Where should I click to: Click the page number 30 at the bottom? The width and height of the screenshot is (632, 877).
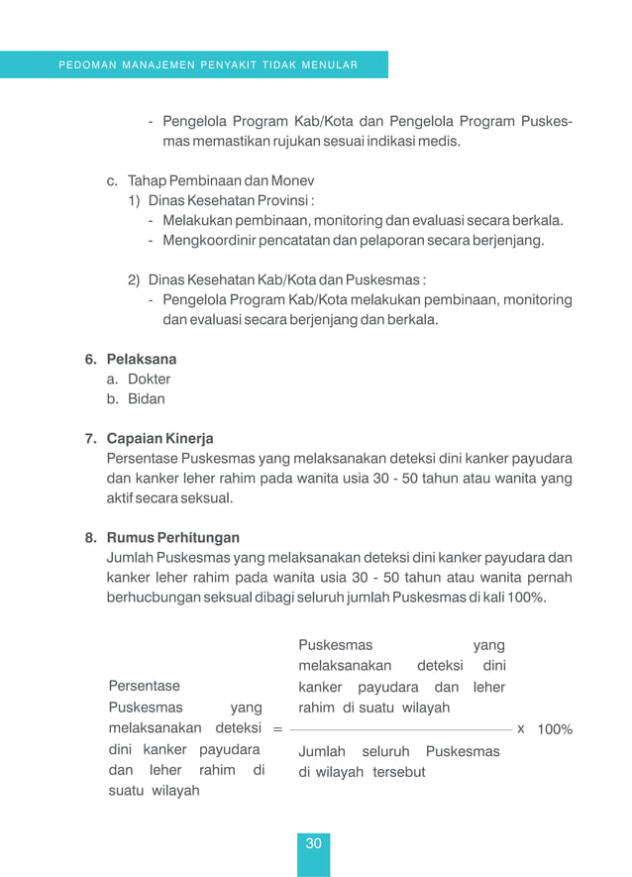pyautogui.click(x=313, y=844)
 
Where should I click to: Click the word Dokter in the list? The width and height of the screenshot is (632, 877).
pyautogui.click(x=149, y=379)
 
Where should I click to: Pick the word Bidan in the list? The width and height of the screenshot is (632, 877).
pyautogui.click(x=147, y=399)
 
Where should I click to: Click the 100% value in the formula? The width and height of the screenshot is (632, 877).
pyautogui.click(x=555, y=729)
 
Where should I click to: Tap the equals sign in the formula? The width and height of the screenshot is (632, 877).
pyautogui.click(x=276, y=729)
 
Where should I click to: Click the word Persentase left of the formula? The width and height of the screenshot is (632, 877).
pyautogui.click(x=144, y=686)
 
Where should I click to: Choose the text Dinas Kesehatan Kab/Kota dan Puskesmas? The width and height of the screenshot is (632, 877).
pyautogui.click(x=287, y=279)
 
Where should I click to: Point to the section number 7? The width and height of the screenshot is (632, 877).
pyautogui.click(x=89, y=438)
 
